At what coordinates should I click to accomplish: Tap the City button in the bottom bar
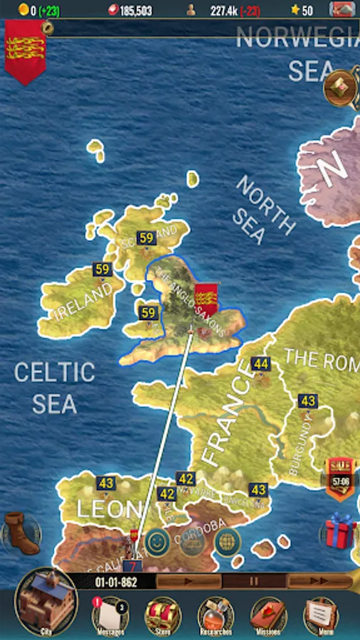pyautogui.click(x=46, y=603)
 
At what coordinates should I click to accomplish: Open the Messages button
pyautogui.click(x=110, y=614)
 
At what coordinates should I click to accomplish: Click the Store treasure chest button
pyautogui.click(x=163, y=614)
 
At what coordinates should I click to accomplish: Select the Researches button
pyautogui.click(x=216, y=614)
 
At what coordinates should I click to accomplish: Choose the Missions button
pyautogui.click(x=269, y=614)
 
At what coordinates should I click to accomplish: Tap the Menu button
pyautogui.click(x=321, y=614)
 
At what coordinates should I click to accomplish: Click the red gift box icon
pyautogui.click(x=340, y=530)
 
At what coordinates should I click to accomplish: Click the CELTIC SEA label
pyautogui.click(x=54, y=388)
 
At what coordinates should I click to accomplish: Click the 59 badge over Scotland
pyautogui.click(x=147, y=238)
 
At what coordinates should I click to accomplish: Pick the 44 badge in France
pyautogui.click(x=261, y=364)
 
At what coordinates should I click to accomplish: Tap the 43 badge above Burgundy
pyautogui.click(x=307, y=401)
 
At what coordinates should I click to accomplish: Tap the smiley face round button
pyautogui.click(x=157, y=542)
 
